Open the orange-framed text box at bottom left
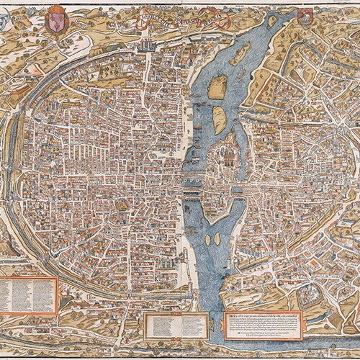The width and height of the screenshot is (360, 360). (x=29, y=295)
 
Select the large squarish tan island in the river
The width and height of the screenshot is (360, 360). (x=217, y=87)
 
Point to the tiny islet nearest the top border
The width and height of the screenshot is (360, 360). (x=271, y=22)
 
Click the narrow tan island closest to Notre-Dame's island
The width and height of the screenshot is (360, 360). (x=220, y=119)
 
